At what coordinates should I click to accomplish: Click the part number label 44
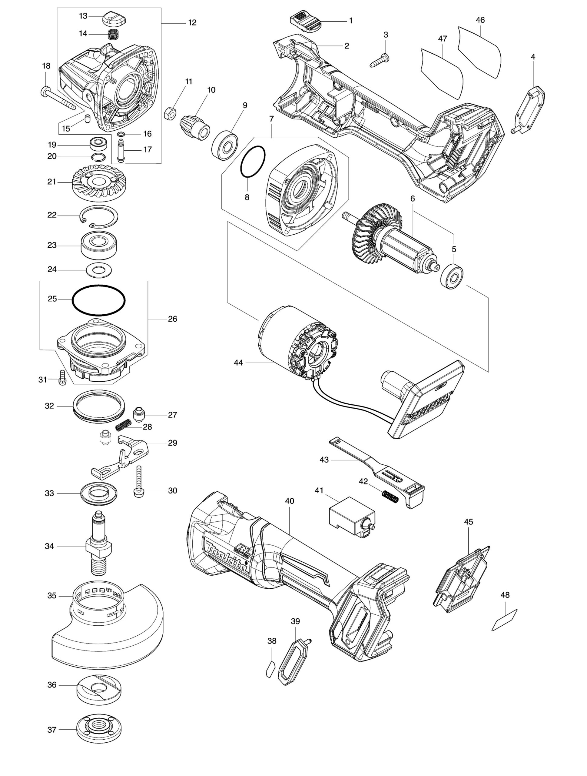238,363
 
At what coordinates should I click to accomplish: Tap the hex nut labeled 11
170,113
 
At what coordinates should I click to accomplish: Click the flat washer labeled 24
99,269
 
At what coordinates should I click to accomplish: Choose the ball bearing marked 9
225,145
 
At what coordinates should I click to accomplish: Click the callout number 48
505,595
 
